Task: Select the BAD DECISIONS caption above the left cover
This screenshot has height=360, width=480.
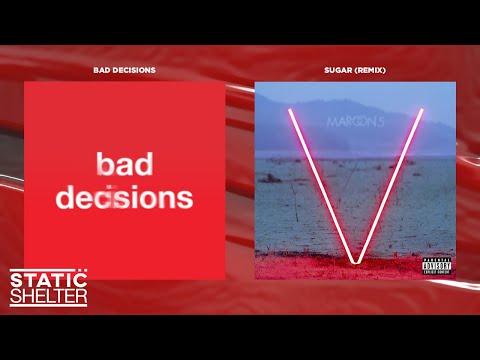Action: point(124,71)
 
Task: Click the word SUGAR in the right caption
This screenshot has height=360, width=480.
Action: point(340,71)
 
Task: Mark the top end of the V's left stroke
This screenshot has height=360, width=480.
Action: point(290,109)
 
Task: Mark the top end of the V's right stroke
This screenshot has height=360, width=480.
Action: point(422,109)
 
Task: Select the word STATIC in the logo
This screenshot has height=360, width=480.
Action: point(45,280)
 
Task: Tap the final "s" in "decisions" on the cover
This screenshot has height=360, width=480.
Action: point(185,198)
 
